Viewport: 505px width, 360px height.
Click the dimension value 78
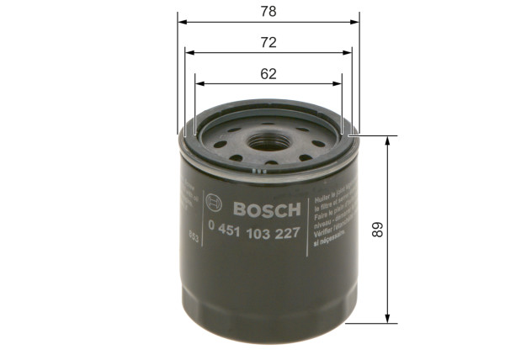268,13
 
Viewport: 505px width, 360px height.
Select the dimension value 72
268,41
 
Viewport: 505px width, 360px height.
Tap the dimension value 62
268,73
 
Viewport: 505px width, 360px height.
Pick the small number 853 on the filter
194,235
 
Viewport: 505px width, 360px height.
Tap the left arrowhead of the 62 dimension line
199,83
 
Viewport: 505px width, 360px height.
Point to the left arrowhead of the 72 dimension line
189,51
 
